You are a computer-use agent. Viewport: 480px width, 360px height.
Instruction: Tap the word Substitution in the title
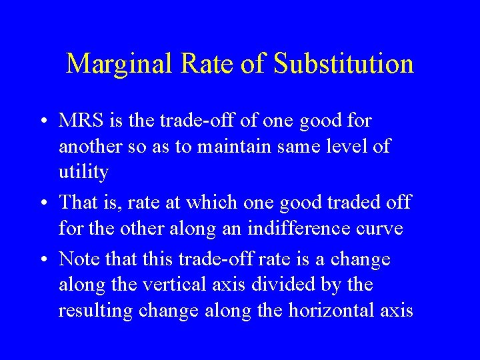click(x=344, y=64)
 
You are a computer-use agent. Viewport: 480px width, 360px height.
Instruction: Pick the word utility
click(x=83, y=172)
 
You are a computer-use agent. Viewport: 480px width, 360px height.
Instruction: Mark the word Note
click(x=76, y=259)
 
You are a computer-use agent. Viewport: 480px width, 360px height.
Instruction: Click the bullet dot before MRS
click(x=42, y=122)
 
